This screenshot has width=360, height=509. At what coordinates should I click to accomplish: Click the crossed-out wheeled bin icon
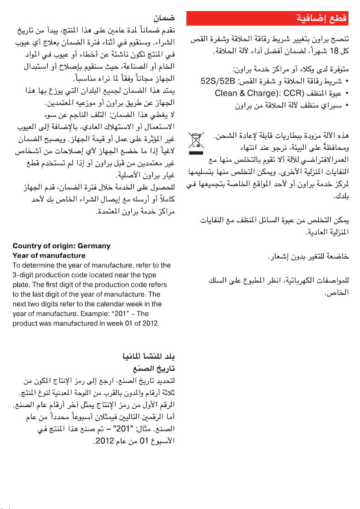point(196,141)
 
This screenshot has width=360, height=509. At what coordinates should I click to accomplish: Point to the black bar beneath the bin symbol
point(196,152)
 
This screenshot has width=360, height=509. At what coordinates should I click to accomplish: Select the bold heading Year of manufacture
point(49,256)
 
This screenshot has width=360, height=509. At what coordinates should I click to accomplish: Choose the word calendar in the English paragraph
point(118,304)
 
